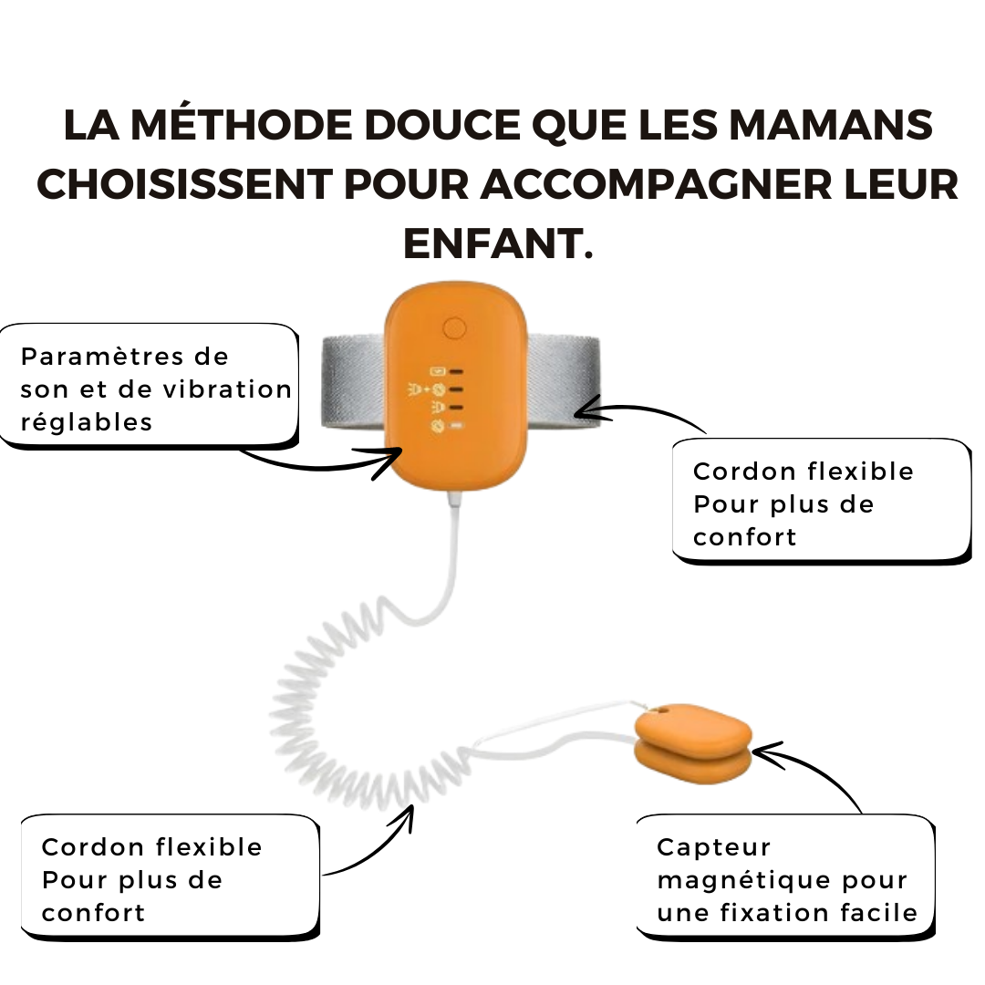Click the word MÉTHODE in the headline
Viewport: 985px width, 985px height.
point(241,124)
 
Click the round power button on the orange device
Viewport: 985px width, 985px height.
point(454,328)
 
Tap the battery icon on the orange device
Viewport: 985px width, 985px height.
point(437,371)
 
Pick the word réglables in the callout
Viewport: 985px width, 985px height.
point(86,423)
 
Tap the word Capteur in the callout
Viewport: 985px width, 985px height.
point(713,848)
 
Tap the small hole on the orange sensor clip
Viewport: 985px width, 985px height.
point(659,711)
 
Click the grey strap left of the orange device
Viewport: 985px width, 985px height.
point(353,382)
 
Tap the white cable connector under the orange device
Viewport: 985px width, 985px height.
point(455,501)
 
